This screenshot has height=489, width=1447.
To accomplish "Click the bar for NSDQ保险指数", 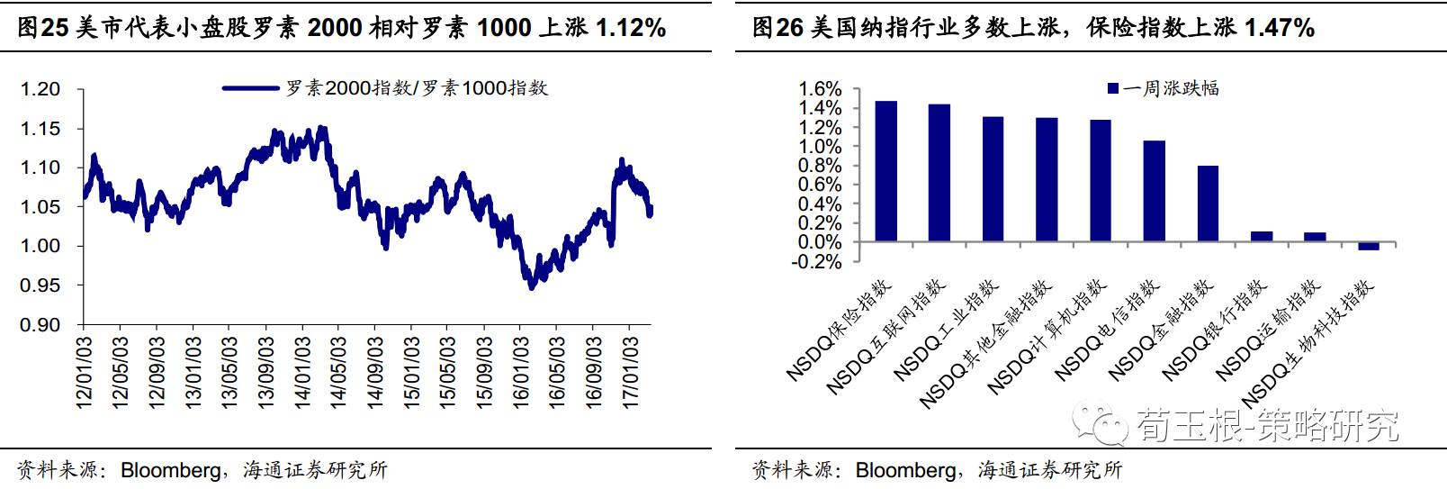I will click(885, 171).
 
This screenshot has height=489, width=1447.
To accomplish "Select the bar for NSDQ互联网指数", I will click(939, 173).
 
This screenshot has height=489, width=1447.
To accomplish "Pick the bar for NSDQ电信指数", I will click(1154, 191).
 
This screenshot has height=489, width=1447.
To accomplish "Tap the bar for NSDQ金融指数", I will click(1208, 204).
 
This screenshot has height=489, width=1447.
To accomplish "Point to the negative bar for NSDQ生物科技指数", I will click(1368, 247).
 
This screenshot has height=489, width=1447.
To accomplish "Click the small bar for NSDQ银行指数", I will click(1262, 237).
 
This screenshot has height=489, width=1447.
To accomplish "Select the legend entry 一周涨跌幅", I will click(1163, 88).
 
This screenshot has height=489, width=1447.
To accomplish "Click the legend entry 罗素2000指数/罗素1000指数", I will click(387, 88).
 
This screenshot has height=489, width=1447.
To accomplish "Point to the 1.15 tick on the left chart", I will click(40, 129).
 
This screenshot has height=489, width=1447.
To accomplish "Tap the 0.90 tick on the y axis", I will click(40, 325).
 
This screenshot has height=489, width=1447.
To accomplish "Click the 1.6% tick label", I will click(820, 89).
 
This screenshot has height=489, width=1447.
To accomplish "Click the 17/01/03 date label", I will click(631, 372).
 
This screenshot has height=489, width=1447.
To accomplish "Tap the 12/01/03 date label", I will click(85, 372).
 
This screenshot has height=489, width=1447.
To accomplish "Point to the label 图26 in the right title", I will click(777, 28).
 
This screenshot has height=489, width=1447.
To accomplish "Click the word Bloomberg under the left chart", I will click(170, 470).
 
